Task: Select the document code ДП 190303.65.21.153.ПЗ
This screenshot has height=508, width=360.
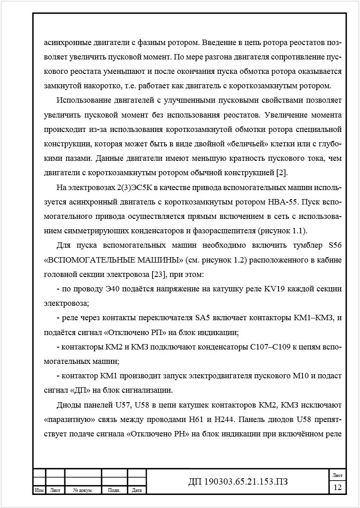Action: tap(238, 482)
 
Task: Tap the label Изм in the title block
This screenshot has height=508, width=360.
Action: tap(39, 490)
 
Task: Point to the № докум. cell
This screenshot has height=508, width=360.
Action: tap(83, 490)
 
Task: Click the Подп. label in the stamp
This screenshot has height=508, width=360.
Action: tap(114, 490)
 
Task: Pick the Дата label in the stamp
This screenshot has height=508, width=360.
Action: tap(137, 490)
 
